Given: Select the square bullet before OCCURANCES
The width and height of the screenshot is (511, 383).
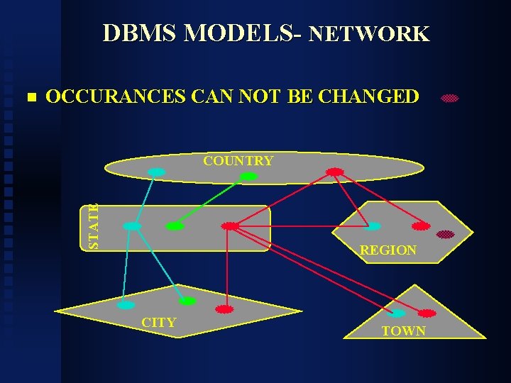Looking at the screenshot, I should pyautogui.click(x=29, y=96).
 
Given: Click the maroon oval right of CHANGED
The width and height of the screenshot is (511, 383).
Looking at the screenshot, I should pyautogui.click(x=450, y=99).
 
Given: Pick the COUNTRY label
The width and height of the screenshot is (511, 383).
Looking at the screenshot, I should pyautogui.click(x=238, y=160).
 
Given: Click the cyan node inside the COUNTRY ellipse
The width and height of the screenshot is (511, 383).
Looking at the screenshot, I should pyautogui.click(x=156, y=172).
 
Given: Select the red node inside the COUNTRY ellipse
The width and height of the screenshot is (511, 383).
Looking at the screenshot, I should pyautogui.click(x=335, y=172).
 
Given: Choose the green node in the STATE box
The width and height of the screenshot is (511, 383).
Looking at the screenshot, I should pyautogui.click(x=175, y=226).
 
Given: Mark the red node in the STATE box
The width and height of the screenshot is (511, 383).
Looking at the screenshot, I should pyautogui.click(x=230, y=226).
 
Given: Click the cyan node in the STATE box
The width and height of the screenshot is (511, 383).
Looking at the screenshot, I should pyautogui.click(x=132, y=226).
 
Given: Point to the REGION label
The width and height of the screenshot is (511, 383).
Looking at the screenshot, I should pyautogui.click(x=388, y=250).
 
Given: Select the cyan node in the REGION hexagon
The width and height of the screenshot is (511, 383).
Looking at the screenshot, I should pyautogui.click(x=373, y=226).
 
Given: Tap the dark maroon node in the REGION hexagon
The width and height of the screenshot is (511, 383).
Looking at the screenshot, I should pyautogui.click(x=445, y=234).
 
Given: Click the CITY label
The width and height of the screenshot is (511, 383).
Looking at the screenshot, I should pyautogui.click(x=159, y=323).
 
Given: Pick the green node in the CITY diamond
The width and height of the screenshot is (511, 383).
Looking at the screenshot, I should pyautogui.click(x=187, y=301).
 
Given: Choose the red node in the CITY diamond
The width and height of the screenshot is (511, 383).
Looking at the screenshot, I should pyautogui.click(x=224, y=310).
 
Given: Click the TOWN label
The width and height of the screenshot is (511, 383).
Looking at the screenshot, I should pyautogui.click(x=403, y=331).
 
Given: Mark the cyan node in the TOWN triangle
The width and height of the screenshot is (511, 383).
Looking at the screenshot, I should pyautogui.click(x=399, y=313).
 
